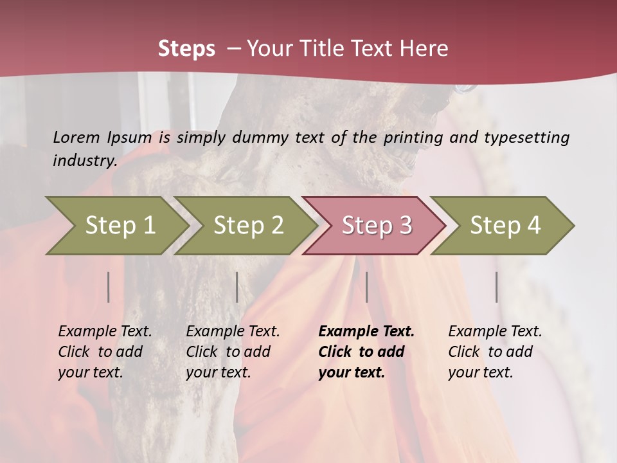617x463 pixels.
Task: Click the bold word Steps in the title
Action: [x=186, y=49]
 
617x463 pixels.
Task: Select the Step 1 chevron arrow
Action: [x=116, y=225]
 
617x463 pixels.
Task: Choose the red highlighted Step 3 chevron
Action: [x=375, y=225]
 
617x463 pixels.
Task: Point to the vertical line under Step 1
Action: [x=109, y=287]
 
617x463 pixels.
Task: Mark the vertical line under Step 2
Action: [x=237, y=287]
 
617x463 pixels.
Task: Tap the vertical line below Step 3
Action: [x=367, y=287]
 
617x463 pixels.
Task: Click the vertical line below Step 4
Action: [x=497, y=287]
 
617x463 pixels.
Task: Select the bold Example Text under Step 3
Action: [x=366, y=331]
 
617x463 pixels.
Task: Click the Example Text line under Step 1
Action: [x=105, y=331]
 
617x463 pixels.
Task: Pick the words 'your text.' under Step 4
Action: [x=480, y=372]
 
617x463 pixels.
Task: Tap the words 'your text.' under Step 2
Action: [x=218, y=372]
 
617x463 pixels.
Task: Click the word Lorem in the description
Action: [x=76, y=137]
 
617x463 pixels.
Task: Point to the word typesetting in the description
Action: [x=526, y=137]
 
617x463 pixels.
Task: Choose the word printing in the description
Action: [x=412, y=137]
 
